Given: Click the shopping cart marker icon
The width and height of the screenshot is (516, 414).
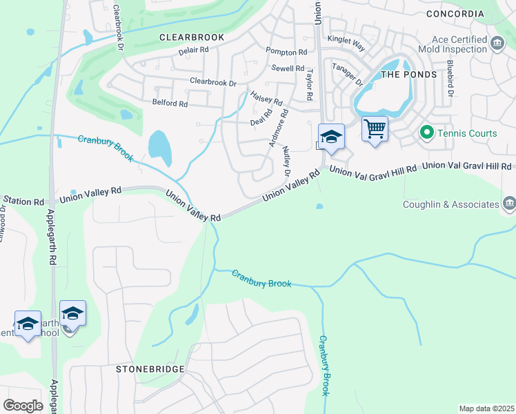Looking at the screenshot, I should [x=375, y=128].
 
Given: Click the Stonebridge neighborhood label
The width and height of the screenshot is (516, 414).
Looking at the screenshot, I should [x=150, y=369].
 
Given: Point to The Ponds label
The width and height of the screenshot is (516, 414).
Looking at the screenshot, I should [x=409, y=74].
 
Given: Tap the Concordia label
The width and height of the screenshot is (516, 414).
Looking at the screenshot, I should [x=455, y=14].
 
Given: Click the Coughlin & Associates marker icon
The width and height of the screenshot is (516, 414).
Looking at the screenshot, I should [x=509, y=203].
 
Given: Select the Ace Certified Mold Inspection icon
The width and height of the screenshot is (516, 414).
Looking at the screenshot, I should [x=497, y=45].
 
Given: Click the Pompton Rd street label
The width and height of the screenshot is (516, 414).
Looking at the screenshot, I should [x=286, y=52].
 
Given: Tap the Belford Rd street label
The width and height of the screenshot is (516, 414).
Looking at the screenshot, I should [x=170, y=103].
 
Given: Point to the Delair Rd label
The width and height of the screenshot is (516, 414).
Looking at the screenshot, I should [x=193, y=50].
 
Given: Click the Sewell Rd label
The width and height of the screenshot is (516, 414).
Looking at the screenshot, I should [x=288, y=68].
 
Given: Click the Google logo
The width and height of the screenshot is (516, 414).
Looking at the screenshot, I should [x=23, y=406].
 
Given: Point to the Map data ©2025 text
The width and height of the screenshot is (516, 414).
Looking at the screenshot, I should [x=486, y=408].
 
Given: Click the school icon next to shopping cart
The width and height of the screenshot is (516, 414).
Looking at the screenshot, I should [x=331, y=136].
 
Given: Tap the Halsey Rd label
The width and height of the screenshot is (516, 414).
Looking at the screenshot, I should [x=266, y=99].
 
